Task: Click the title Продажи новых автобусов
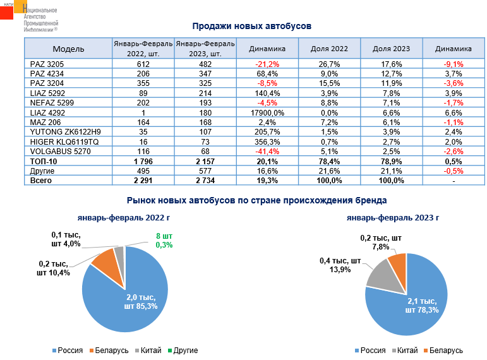(x=253, y=26)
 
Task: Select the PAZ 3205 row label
(x=47, y=64)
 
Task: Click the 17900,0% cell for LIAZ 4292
(x=267, y=112)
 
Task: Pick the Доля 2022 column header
(x=329, y=49)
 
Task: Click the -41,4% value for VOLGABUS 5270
(x=267, y=152)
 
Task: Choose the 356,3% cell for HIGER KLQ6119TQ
(x=267, y=141)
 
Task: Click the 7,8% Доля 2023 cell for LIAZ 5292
(x=392, y=92)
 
